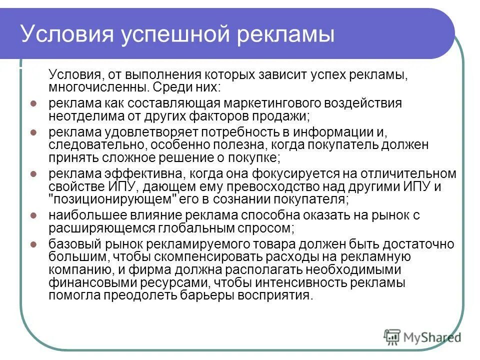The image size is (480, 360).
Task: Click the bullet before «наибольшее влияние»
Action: pyautogui.click(x=33, y=216)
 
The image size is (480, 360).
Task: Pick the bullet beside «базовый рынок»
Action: pyautogui.click(x=33, y=245)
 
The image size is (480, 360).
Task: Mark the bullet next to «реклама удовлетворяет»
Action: pyautogui.click(x=33, y=133)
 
